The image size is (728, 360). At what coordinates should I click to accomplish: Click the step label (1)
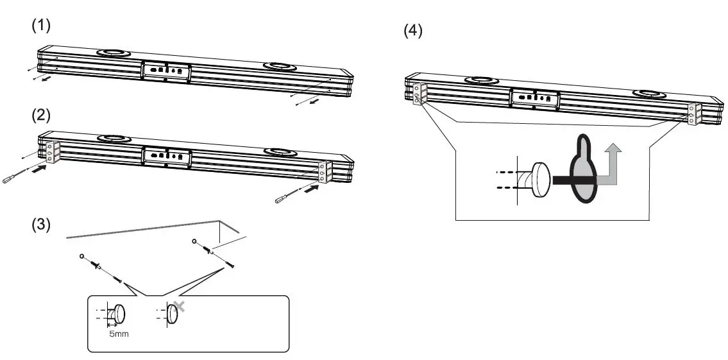click(41, 26)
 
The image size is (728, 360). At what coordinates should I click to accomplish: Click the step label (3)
click(41, 226)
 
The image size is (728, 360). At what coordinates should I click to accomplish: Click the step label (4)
click(412, 31)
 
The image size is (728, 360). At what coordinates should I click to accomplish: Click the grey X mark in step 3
click(180, 306)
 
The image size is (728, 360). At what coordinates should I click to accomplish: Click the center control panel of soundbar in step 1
click(166, 70)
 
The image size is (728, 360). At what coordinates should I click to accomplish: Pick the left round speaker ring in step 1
click(112, 54)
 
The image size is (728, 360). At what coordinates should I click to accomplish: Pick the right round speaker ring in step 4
click(648, 94)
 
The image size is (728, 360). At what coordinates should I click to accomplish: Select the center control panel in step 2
click(166, 156)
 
